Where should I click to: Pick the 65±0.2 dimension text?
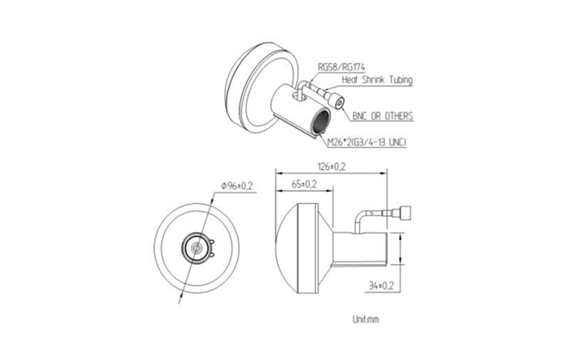[x=304, y=185]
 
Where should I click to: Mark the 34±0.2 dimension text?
[x=380, y=286]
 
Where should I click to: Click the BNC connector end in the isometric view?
[x=341, y=103]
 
